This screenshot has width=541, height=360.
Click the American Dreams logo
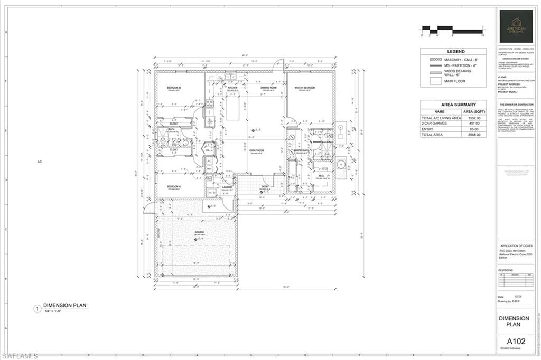click(516, 26)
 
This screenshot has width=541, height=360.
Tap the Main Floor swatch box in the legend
click(436, 81)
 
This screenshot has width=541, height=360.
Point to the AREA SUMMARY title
click(453, 105)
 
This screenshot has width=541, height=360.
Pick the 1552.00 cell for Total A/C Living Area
click(474, 118)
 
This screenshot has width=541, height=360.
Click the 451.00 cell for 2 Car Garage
click(474, 124)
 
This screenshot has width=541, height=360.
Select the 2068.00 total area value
click(474, 135)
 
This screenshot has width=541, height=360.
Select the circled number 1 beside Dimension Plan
click(37, 309)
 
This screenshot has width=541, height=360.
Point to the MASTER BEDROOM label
click(304, 88)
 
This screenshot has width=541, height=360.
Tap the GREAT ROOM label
click(256, 150)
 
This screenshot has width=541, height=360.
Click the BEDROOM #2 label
click(174, 88)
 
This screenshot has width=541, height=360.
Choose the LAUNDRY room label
click(227, 187)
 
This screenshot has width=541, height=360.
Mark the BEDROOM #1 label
click(174, 187)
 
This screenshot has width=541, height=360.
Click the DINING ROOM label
click(269, 88)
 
